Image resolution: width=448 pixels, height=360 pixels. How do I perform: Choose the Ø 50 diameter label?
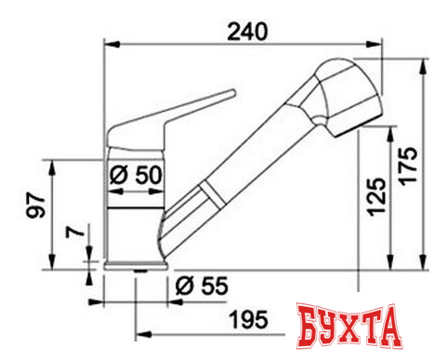point(135,174)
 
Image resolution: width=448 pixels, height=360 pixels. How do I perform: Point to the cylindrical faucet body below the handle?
point(135,223)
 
